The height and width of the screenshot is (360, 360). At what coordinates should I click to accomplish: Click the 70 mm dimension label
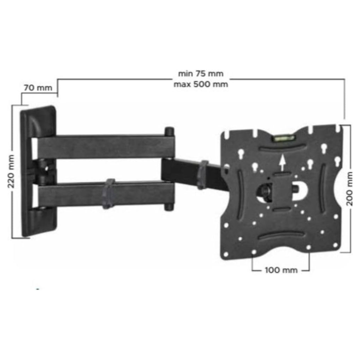coord(37,88)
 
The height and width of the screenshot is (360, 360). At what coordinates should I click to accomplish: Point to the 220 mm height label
coord(11,170)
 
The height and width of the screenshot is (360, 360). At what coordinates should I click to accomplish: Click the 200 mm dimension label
coord(349,189)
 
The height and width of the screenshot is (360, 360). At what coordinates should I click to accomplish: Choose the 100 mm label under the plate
coord(280,270)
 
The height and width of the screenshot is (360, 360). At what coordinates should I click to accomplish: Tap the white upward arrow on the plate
coord(282,161)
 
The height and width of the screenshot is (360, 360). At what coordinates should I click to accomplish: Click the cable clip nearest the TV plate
coord(203,174)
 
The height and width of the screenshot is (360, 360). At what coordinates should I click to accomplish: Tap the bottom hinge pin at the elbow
coord(170,205)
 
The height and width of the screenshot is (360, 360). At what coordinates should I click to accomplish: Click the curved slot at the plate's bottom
coord(282,235)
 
